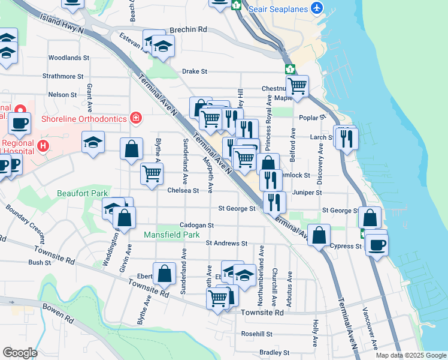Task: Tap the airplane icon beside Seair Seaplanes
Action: [x=317, y=8]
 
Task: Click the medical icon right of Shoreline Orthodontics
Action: [x=136, y=118]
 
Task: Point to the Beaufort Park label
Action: [x=82, y=193]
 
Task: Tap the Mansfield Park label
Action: [x=171, y=235]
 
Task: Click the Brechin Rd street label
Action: [x=187, y=29]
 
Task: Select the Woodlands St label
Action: [x=69, y=58]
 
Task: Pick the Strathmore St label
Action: [x=63, y=76]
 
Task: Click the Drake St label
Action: [x=195, y=71]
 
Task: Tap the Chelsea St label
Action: [x=183, y=190]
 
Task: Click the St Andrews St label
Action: [x=226, y=243]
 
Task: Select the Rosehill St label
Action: [x=257, y=334]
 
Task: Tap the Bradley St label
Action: [x=274, y=353]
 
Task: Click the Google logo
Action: [x=20, y=353]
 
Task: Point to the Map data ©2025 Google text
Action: [x=411, y=355]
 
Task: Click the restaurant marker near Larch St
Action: [x=346, y=138]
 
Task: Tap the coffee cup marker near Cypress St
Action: [x=377, y=244]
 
